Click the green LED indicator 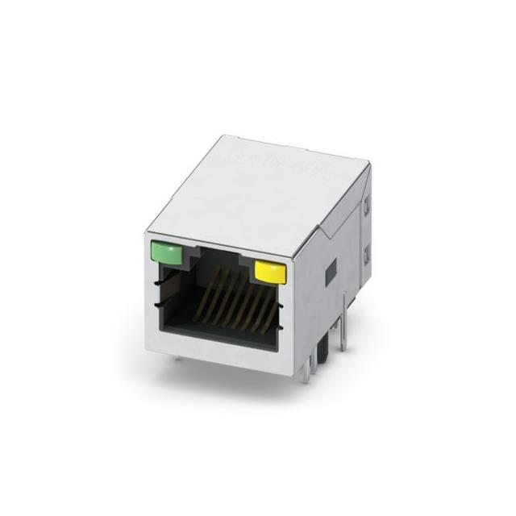[x=166, y=254]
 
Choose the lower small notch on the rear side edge [x=365, y=256]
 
